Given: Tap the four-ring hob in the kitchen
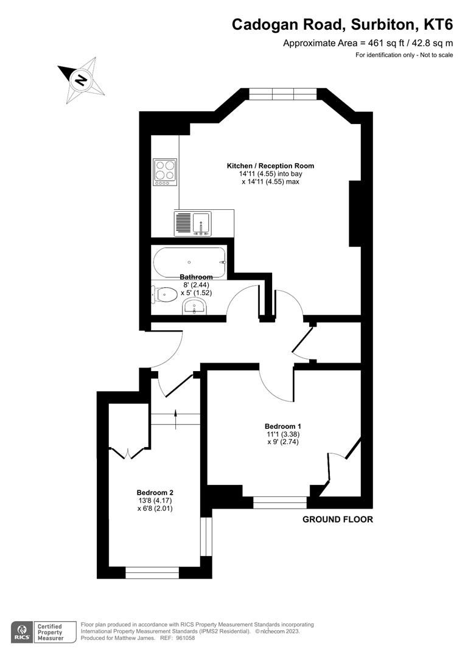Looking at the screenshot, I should coord(165,171).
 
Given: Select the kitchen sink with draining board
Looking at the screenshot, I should coord(192,223).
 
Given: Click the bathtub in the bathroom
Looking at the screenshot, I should coord(189,262).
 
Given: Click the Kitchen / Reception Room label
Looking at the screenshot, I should coord(270,165).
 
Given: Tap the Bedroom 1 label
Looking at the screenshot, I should coord(282,426).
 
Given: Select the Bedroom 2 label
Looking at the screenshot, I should coord(155,492).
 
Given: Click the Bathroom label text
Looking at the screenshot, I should coord(196,277).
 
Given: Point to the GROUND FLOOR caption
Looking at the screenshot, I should coord(337,520).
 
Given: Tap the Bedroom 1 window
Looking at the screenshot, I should coord(280,502).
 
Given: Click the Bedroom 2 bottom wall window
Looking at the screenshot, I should coord(152,573).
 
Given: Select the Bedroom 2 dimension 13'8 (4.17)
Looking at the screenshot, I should coord(155,501).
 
